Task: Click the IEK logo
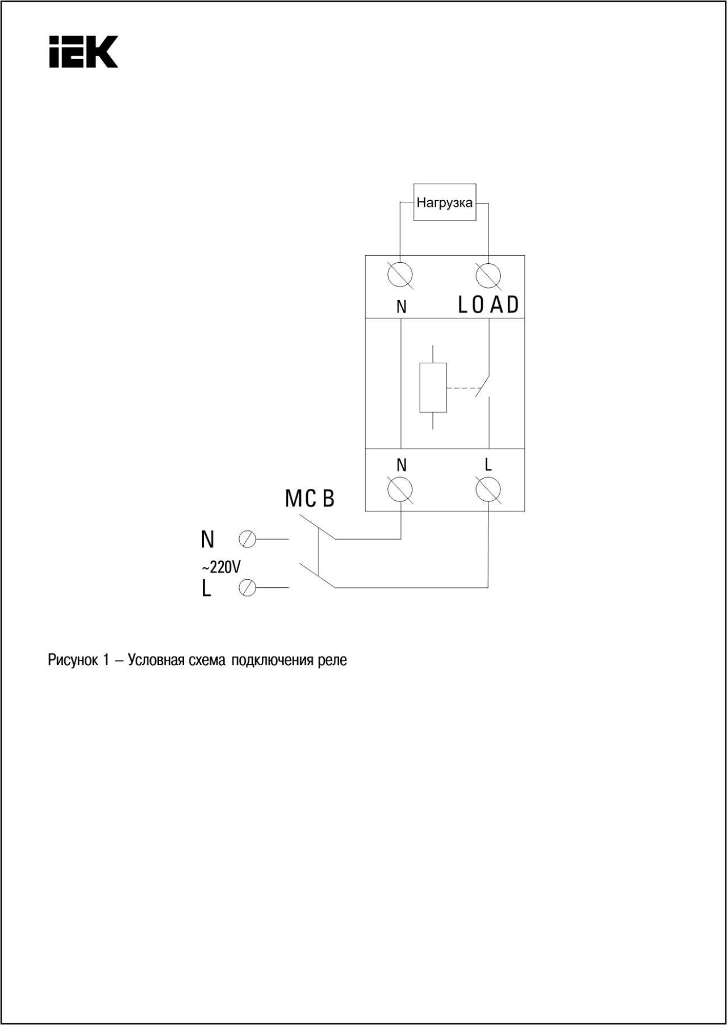click(x=83, y=52)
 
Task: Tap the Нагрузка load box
click(x=445, y=202)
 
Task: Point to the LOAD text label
click(x=488, y=305)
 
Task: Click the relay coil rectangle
click(x=433, y=387)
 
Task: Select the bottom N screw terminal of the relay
click(x=400, y=489)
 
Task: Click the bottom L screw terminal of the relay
click(x=488, y=489)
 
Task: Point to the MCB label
click(x=310, y=499)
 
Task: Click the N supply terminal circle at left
click(x=248, y=539)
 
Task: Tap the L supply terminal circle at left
click(x=248, y=587)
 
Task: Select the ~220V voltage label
click(x=221, y=567)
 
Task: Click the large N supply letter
click(x=208, y=540)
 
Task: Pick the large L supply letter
click(x=206, y=588)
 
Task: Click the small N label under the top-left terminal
click(x=402, y=307)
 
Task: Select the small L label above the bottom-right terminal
click(x=488, y=465)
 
